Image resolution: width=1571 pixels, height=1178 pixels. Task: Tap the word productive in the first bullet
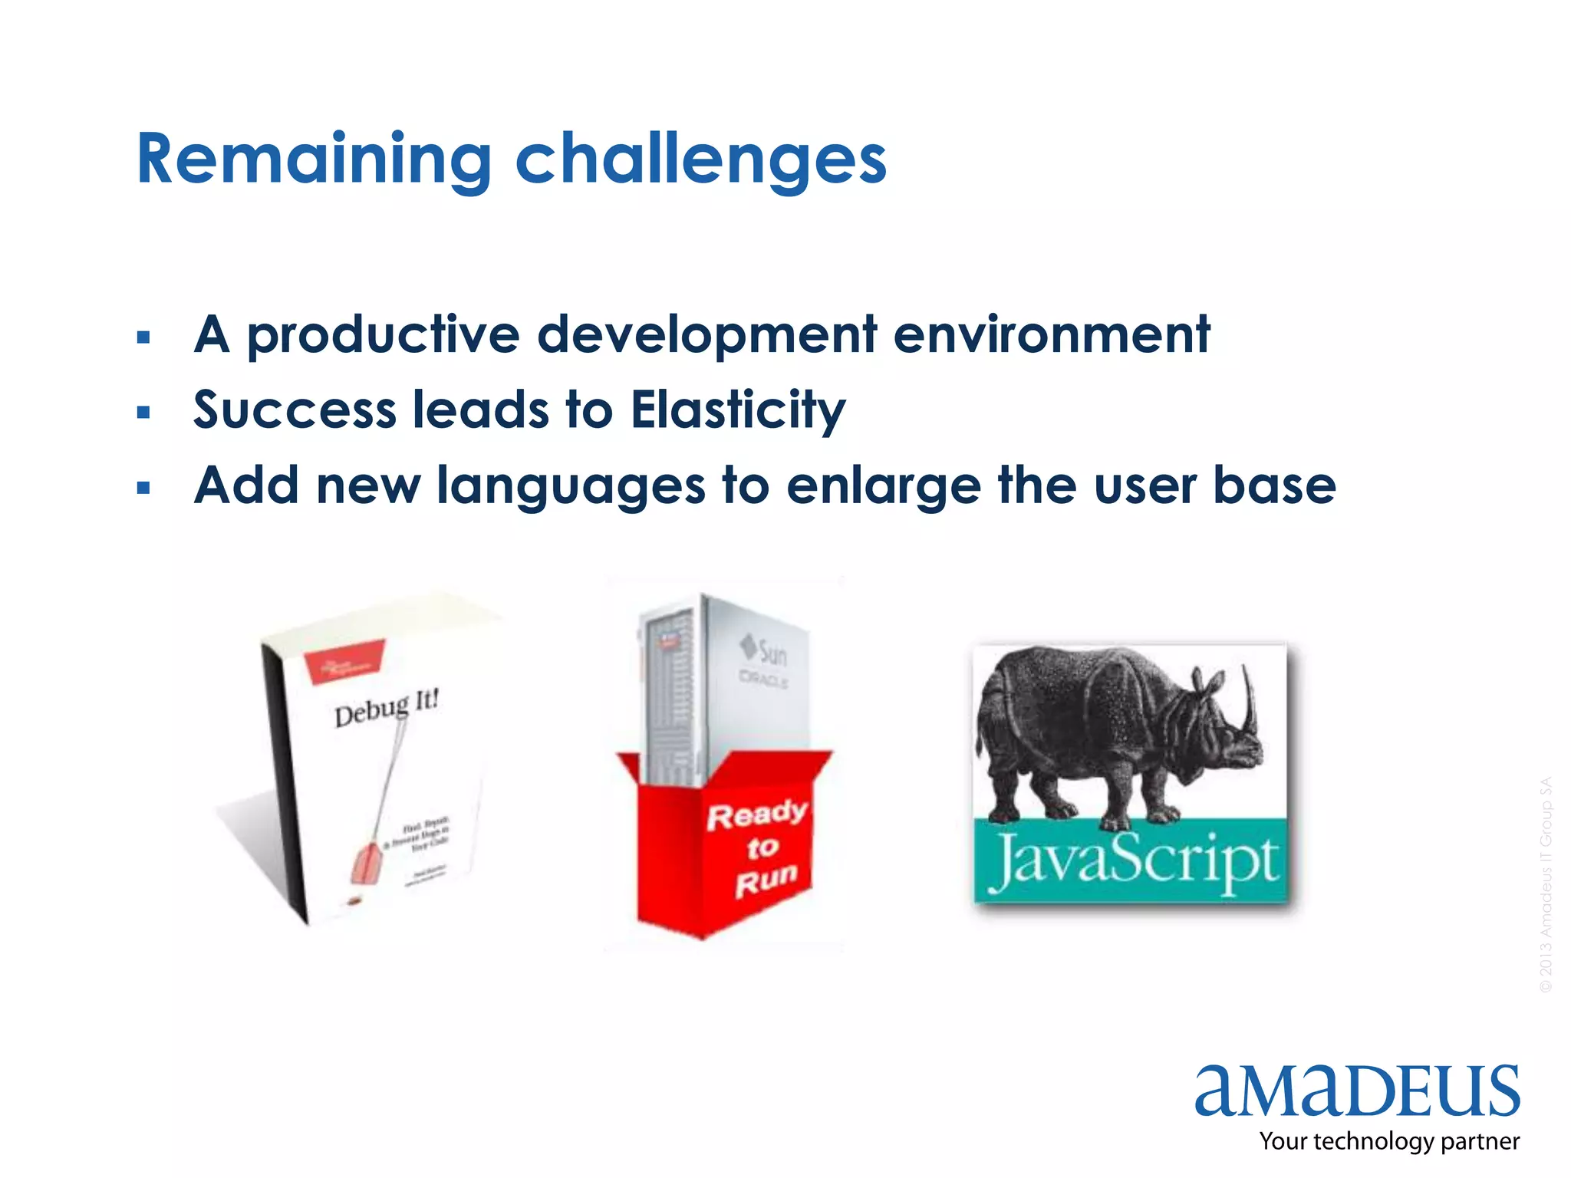tap(383, 335)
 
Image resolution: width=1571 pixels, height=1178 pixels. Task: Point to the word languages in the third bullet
tap(571, 486)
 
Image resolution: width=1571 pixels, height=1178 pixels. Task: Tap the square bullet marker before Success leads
tap(143, 413)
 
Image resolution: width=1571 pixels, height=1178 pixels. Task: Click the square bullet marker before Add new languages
tap(143, 488)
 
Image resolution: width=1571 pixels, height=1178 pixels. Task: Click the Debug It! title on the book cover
tap(387, 708)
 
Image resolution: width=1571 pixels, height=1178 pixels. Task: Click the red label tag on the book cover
tap(344, 660)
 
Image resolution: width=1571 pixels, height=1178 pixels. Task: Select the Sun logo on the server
tap(764, 651)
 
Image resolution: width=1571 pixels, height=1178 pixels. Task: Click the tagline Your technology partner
tap(1388, 1141)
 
